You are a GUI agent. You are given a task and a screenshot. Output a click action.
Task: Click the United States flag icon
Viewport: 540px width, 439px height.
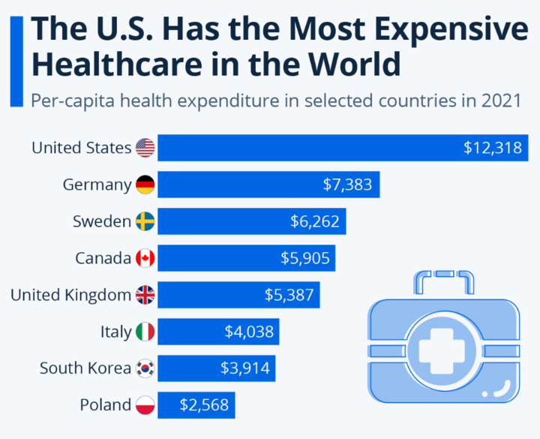pyautogui.click(x=145, y=148)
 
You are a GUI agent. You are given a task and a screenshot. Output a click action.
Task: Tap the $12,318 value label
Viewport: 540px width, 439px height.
pyautogui.click(x=492, y=148)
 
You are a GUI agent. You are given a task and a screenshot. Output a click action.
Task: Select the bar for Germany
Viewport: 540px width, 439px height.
pyautogui.click(x=268, y=185)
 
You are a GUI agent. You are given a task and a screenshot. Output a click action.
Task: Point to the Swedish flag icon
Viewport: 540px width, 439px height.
pyautogui.click(x=145, y=221)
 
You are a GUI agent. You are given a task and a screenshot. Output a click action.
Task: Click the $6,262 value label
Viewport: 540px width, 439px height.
pyautogui.click(x=315, y=221)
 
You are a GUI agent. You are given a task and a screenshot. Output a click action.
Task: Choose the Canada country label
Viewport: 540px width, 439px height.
pyautogui.click(x=103, y=258)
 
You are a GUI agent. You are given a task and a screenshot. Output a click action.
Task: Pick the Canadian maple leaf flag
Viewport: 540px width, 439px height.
pyautogui.click(x=145, y=258)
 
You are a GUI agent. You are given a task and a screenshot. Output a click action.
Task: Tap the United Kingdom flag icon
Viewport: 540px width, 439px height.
pyautogui.click(x=145, y=295)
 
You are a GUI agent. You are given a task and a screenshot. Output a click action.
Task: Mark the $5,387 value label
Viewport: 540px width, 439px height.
pyautogui.click(x=289, y=295)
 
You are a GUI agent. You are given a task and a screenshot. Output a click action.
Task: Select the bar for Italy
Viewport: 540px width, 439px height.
pyautogui.click(x=218, y=331)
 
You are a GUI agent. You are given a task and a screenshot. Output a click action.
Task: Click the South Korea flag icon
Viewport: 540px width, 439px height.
pyautogui.click(x=145, y=368)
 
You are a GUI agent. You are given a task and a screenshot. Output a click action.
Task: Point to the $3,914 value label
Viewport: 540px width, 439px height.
pyautogui.click(x=244, y=368)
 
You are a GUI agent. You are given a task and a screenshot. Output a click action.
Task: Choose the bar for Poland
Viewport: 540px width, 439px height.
pyautogui.click(x=196, y=404)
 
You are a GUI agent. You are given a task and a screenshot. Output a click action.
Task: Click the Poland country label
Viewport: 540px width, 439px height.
pyautogui.click(x=106, y=404)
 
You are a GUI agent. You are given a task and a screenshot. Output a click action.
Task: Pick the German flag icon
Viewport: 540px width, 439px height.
pyautogui.click(x=145, y=185)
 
